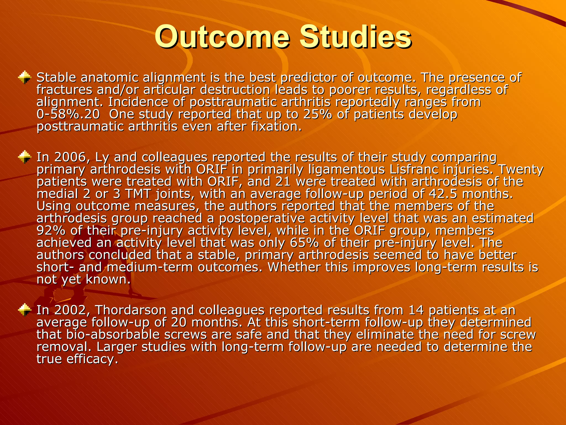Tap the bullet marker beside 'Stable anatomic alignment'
[x=25, y=77]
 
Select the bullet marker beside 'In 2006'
[x=25, y=157]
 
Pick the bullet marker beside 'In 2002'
[x=25, y=310]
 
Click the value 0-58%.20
[x=68, y=114]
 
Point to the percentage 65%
[x=304, y=243]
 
